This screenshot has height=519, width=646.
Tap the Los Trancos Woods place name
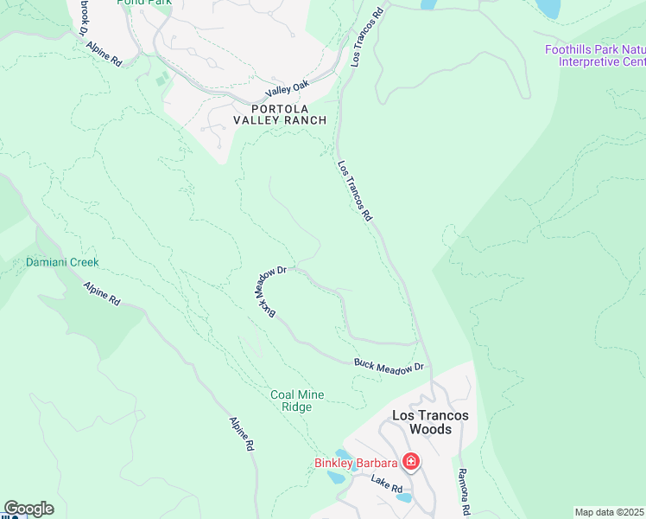tap(430, 422)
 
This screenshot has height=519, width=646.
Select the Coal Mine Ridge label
tap(297, 400)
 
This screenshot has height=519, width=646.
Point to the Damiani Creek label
tap(62, 262)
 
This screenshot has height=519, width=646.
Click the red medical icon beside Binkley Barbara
tap(411, 463)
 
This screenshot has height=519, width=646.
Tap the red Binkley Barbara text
tap(356, 463)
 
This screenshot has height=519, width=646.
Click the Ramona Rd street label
tap(463, 490)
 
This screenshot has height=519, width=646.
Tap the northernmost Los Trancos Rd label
tap(366, 40)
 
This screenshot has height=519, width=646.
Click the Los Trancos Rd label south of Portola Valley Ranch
tap(354, 189)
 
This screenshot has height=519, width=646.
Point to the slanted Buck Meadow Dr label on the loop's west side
tap(269, 292)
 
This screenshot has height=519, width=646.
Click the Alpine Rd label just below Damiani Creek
tap(102, 293)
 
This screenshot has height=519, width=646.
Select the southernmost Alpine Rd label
tap(241, 433)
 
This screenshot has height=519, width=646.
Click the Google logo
tap(28, 509)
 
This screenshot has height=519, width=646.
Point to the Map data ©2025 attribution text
tap(610, 512)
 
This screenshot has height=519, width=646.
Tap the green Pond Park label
tap(144, 3)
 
